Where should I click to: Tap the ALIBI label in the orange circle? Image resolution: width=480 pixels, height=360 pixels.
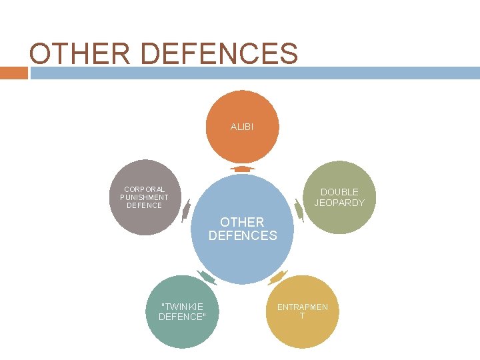click(x=242, y=126)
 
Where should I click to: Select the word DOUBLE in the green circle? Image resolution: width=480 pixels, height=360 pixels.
click(x=339, y=192)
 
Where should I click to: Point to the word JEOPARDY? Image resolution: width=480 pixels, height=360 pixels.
click(x=339, y=203)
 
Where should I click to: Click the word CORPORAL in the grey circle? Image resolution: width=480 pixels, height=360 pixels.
click(x=145, y=189)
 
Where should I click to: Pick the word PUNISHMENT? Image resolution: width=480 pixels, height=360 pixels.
click(x=145, y=197)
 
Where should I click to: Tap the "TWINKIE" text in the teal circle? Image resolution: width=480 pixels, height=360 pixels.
click(x=182, y=306)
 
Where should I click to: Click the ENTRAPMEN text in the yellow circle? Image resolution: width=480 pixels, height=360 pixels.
click(x=303, y=307)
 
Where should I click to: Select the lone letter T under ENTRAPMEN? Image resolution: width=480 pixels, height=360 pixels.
click(x=302, y=316)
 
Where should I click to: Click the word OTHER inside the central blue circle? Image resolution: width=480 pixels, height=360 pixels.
click(x=243, y=222)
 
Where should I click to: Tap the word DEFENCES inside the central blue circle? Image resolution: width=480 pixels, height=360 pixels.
click(x=243, y=235)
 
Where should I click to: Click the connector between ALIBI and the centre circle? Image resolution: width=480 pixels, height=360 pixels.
click(x=242, y=169)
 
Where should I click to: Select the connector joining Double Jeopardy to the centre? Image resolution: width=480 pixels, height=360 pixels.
click(x=299, y=211)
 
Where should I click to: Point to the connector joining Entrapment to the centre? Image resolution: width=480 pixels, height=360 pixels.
click(x=277, y=276)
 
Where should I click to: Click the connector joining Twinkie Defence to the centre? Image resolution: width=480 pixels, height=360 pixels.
click(x=207, y=277)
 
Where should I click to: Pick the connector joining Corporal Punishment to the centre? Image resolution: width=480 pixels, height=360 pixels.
click(x=185, y=211)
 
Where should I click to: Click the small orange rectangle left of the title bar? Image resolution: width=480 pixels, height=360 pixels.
click(x=13, y=73)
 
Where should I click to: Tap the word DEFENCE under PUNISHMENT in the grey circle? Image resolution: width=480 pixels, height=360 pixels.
click(x=145, y=205)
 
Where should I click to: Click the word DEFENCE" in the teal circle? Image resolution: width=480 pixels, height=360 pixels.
click(x=182, y=317)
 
